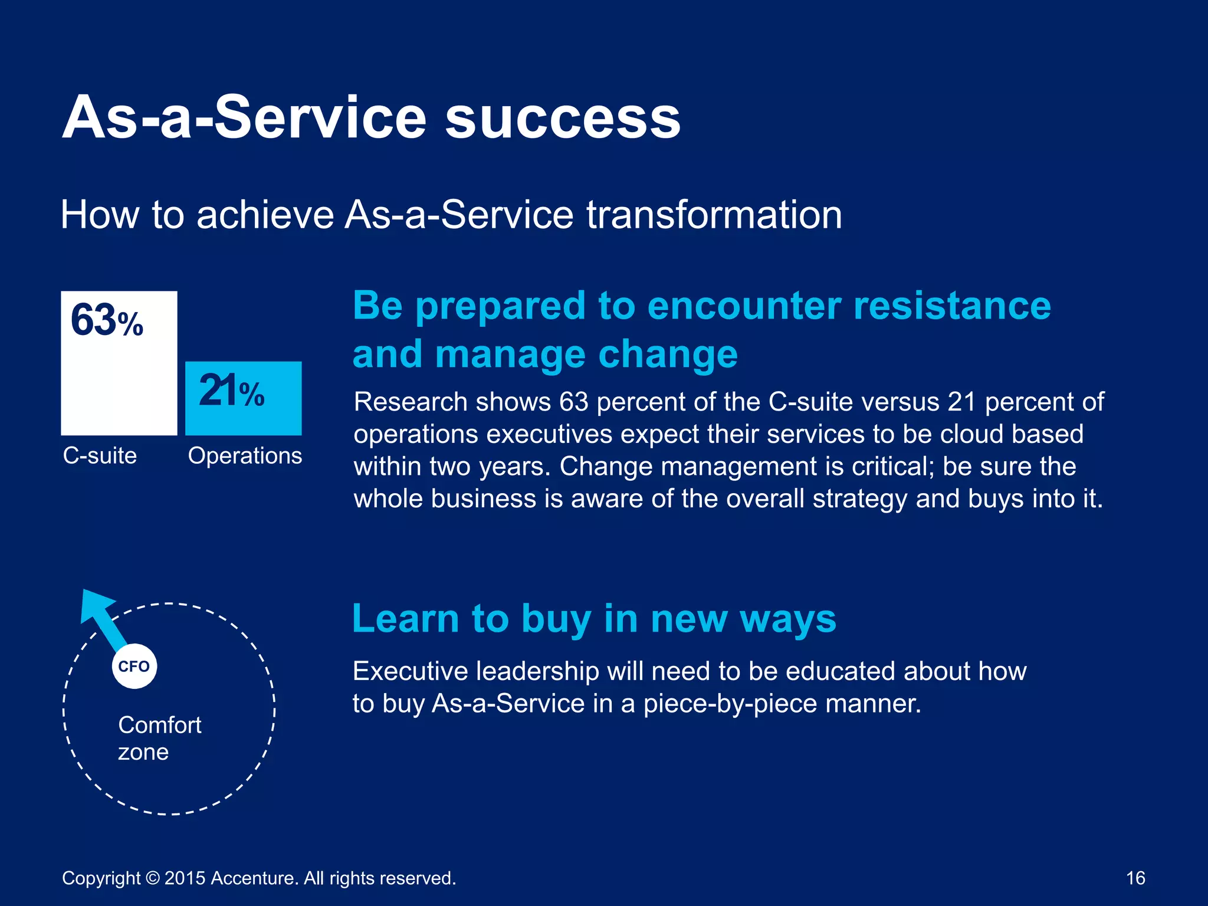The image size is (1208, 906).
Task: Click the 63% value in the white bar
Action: (107, 321)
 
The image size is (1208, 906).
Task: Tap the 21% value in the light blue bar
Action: (231, 391)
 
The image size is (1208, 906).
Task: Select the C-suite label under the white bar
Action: (100, 456)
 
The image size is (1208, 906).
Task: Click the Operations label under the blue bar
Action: (245, 456)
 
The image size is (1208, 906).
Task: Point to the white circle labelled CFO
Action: (134, 667)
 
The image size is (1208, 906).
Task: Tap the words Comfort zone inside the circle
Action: (159, 738)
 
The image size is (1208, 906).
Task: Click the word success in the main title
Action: (563, 118)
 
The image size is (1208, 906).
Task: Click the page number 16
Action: (1135, 878)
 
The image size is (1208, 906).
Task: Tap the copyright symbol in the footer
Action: (152, 878)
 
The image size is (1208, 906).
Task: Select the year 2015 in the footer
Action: (185, 878)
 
